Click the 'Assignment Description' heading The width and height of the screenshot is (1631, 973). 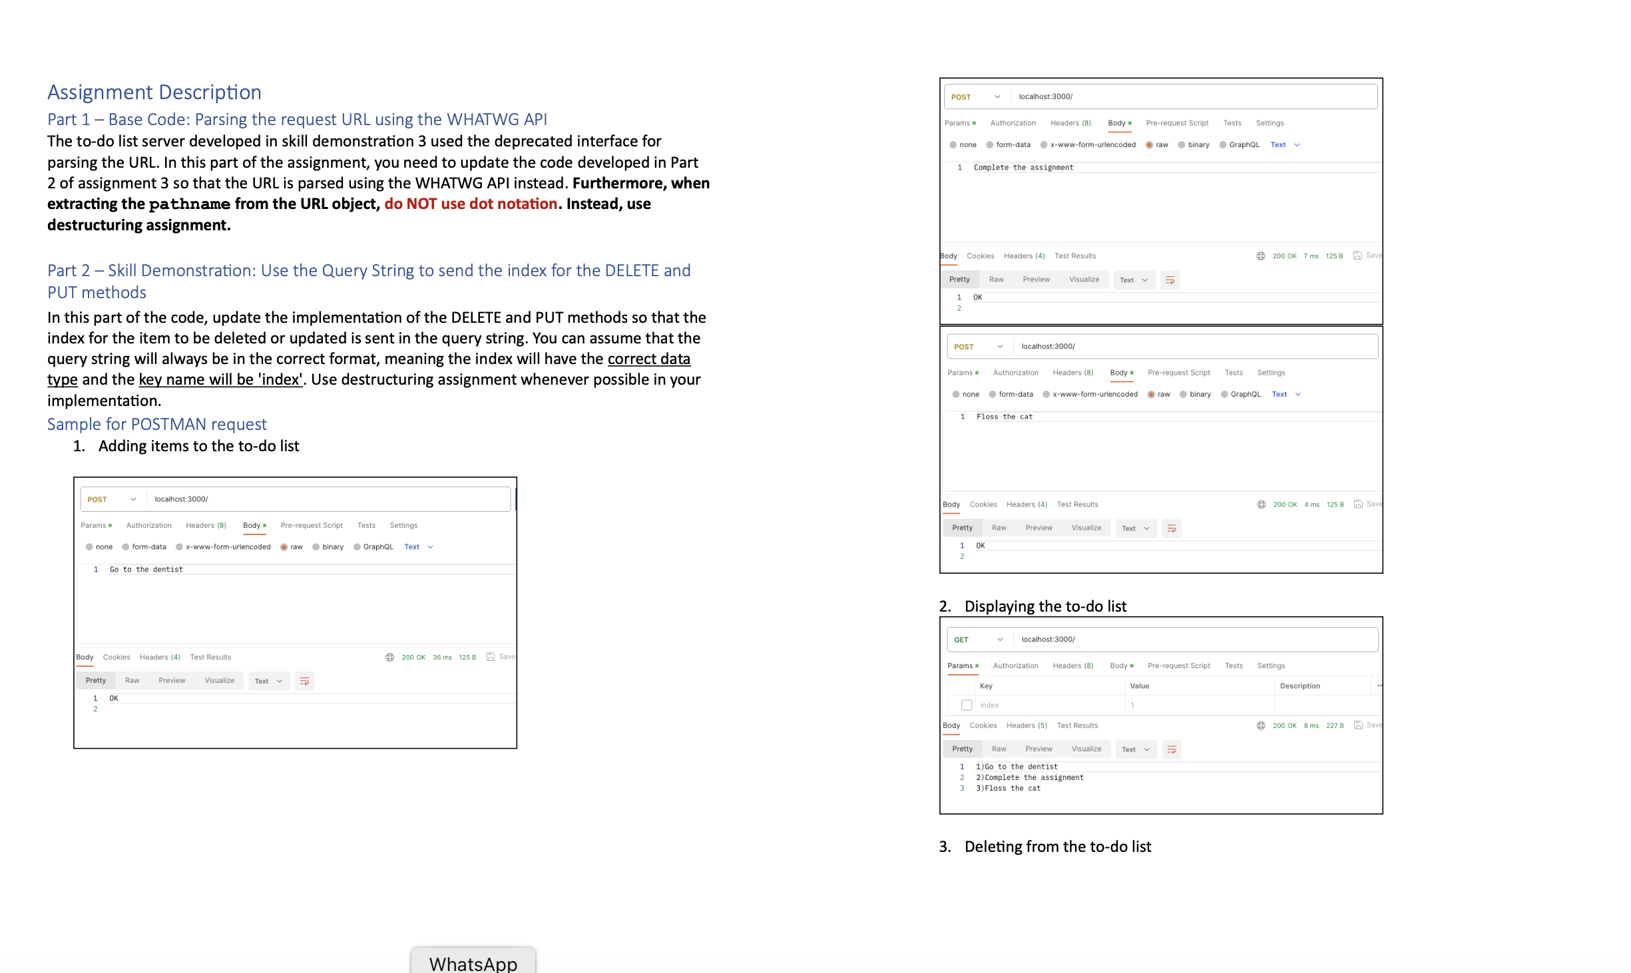tap(154, 92)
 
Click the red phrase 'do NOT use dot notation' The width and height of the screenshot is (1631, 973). tap(470, 204)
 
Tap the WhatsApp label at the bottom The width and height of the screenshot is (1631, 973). tap(473, 963)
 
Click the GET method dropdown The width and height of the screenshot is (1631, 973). tap(977, 640)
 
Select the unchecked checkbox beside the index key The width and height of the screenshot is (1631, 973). tap(967, 705)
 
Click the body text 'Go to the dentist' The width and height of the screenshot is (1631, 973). tap(146, 570)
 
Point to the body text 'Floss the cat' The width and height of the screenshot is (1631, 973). tap(1004, 417)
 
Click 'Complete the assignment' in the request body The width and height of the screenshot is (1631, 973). tap(1023, 168)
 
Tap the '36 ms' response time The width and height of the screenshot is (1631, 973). tap(442, 658)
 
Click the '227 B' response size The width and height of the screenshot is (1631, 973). tap(1334, 725)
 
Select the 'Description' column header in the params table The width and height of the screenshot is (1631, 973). tap(1299, 686)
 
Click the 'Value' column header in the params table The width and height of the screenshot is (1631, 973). tap(1139, 686)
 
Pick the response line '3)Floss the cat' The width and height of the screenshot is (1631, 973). tap(1008, 789)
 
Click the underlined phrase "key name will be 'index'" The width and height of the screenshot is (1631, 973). tap(220, 379)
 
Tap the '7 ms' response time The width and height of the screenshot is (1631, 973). tap(1310, 256)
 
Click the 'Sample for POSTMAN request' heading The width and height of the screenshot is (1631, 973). tap(156, 424)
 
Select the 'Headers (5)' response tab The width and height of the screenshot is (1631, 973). tap(1026, 725)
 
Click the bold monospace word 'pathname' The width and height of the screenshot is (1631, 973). tap(189, 204)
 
